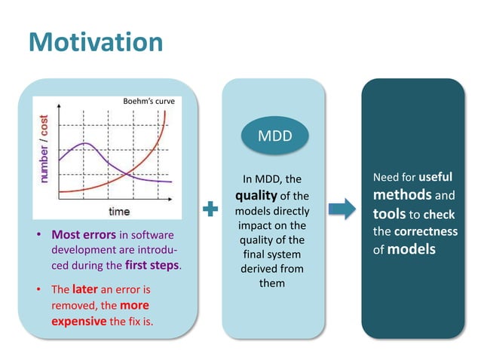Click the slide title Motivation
(95, 41)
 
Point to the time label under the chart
(119, 211)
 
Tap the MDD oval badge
(274, 138)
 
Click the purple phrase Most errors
(82, 233)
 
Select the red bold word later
(85, 289)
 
